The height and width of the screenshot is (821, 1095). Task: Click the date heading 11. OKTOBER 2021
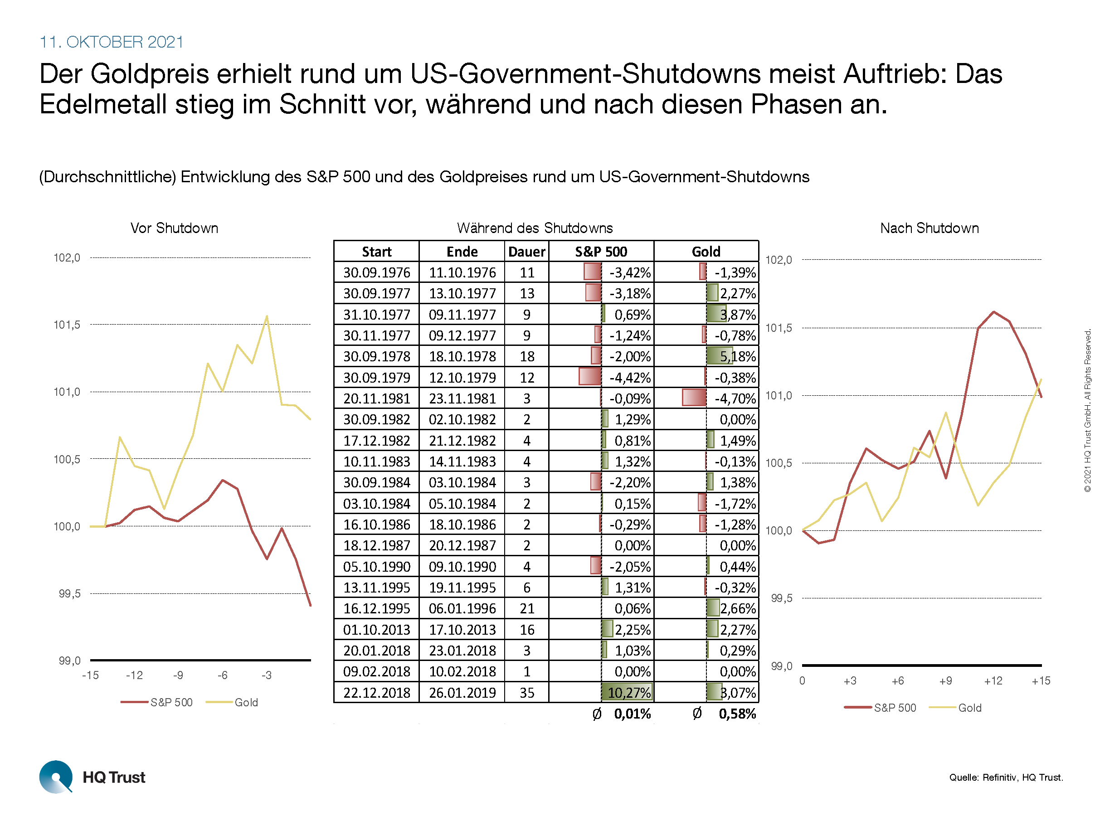pyautogui.click(x=112, y=42)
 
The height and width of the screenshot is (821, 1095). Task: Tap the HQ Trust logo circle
pyautogui.click(x=55, y=777)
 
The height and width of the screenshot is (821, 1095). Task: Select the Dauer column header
pyautogui.click(x=526, y=252)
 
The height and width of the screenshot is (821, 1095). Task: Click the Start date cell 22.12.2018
pyautogui.click(x=377, y=692)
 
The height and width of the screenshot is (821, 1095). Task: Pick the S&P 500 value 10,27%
pyautogui.click(x=629, y=692)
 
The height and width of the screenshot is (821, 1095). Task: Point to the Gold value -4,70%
pyautogui.click(x=735, y=398)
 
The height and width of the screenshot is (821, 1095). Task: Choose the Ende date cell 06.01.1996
pyautogui.click(x=462, y=608)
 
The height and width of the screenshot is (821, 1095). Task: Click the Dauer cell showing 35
pyautogui.click(x=527, y=692)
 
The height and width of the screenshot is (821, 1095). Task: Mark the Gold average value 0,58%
pyautogui.click(x=737, y=714)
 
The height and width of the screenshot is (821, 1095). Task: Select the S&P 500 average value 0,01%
pyautogui.click(x=632, y=714)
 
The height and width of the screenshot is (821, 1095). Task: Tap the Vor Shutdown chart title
pyautogui.click(x=174, y=228)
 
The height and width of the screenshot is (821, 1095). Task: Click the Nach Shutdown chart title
pyautogui.click(x=929, y=228)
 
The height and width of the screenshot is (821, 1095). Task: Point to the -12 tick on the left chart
pyautogui.click(x=134, y=675)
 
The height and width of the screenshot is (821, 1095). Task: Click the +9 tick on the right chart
pyautogui.click(x=945, y=681)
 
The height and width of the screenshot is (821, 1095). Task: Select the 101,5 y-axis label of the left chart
pyautogui.click(x=67, y=325)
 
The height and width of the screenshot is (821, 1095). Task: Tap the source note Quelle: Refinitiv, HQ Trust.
pyautogui.click(x=1005, y=777)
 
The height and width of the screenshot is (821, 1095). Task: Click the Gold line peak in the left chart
pyautogui.click(x=267, y=316)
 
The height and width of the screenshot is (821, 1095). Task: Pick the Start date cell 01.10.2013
pyautogui.click(x=377, y=630)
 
